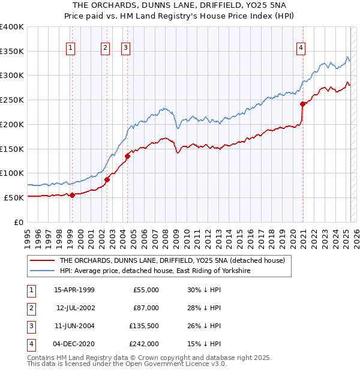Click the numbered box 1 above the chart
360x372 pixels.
(x=71, y=49)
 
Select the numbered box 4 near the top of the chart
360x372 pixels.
(x=301, y=49)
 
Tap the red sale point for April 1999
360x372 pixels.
(x=72, y=194)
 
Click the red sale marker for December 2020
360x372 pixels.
(x=302, y=103)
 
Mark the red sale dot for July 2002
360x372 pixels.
(x=107, y=179)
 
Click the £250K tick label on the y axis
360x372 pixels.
(x=12, y=100)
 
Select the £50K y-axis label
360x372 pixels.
(x=14, y=197)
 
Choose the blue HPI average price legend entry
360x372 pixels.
(x=154, y=271)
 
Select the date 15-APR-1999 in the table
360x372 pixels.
(x=74, y=290)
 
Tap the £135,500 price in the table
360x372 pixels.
(x=145, y=326)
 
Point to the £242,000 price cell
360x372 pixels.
(x=145, y=344)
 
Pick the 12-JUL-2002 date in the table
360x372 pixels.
(x=74, y=308)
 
